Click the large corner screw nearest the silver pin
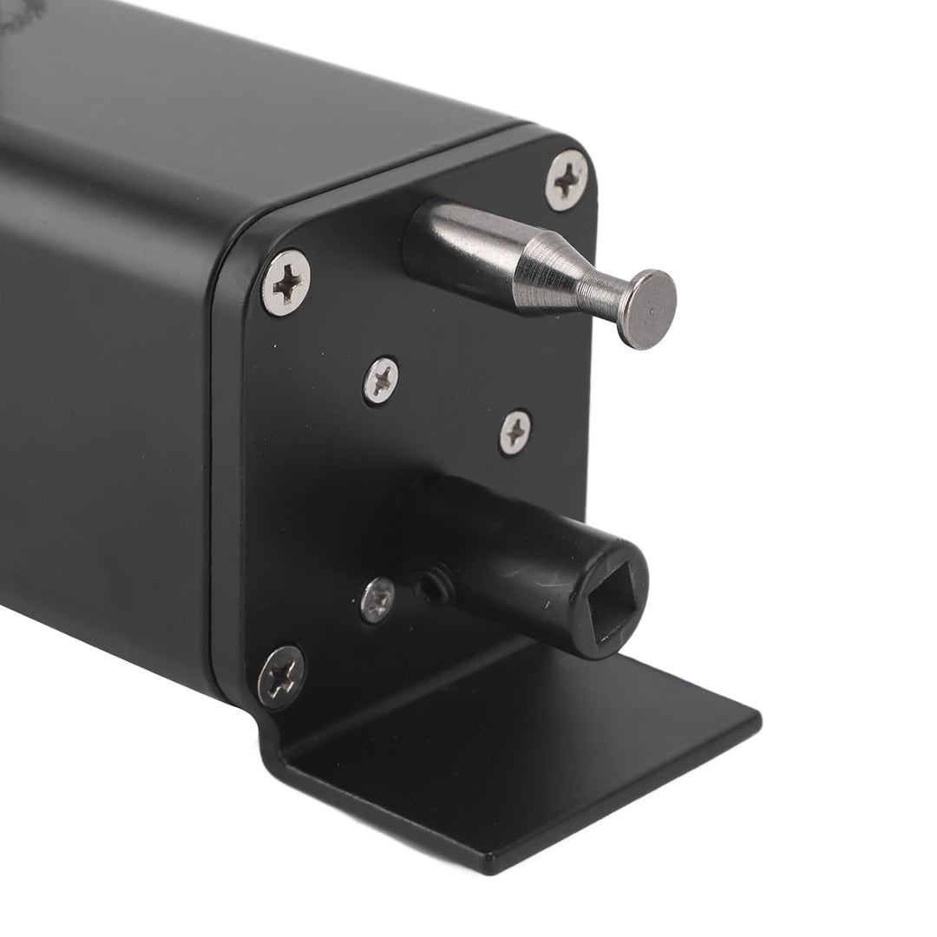(567, 180)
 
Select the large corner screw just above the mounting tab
(281, 677)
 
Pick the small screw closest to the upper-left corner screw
(381, 379)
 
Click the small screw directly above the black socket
(515, 432)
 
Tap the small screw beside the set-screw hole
(377, 600)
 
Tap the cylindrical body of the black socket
(503, 547)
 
